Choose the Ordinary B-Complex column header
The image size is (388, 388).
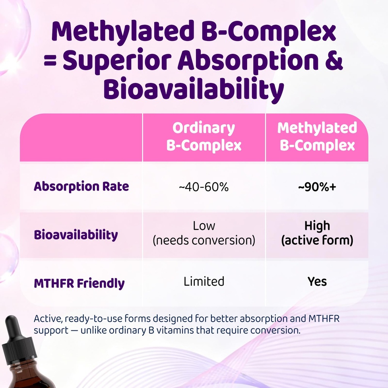click(204, 137)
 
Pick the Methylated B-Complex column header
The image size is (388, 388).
click(317, 137)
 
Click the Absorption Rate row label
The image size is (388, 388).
click(81, 186)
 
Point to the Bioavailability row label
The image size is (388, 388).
click(76, 235)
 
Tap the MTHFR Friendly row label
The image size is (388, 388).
click(79, 283)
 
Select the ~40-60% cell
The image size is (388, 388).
click(204, 186)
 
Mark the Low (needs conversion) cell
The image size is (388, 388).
click(204, 233)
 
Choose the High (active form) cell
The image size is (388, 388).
click(317, 233)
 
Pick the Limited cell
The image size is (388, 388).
click(204, 282)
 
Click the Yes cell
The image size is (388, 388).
click(317, 282)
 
